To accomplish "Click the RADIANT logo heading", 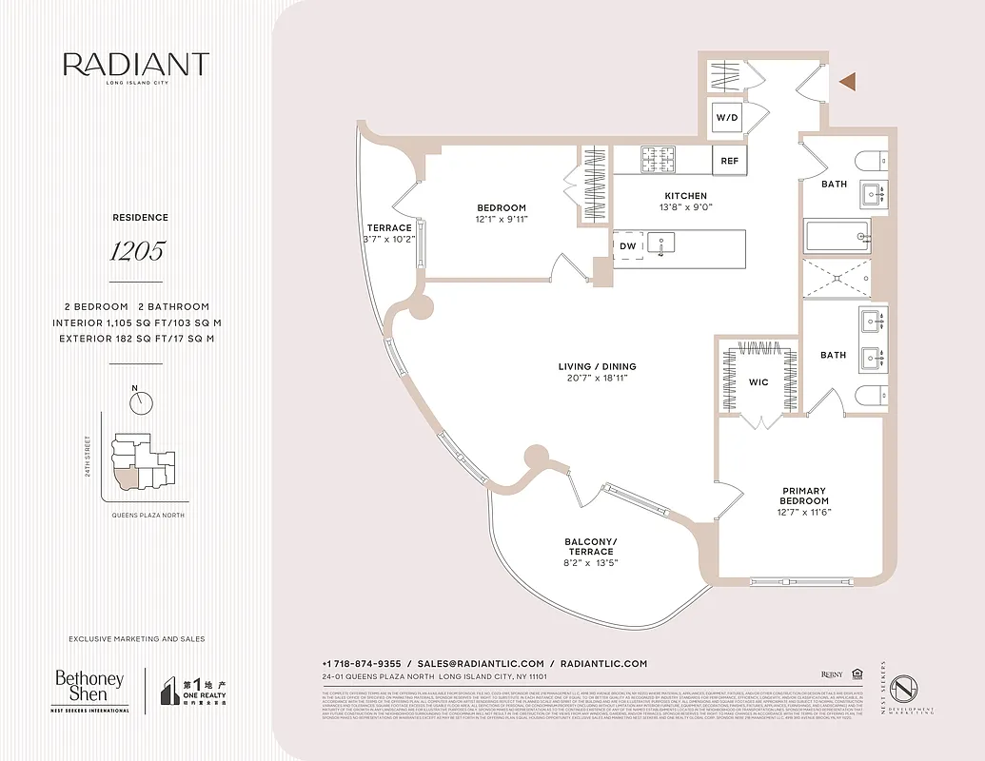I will [136, 65].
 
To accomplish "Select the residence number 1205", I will [138, 251].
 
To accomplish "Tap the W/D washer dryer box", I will [727, 118].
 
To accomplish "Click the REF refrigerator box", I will [729, 161].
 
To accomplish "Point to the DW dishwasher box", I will [627, 246].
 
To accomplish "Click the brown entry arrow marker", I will [848, 83].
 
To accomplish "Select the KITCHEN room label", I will [685, 196].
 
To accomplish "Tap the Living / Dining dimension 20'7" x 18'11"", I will [597, 378].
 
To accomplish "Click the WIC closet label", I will [758, 382].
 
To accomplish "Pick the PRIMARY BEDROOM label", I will [804, 497].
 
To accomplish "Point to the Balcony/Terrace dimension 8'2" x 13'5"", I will [592, 562].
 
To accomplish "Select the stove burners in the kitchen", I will [658, 158].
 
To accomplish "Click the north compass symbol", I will [142, 401].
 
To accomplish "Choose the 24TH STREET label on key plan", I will [87, 457].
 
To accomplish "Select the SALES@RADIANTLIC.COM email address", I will [481, 664].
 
